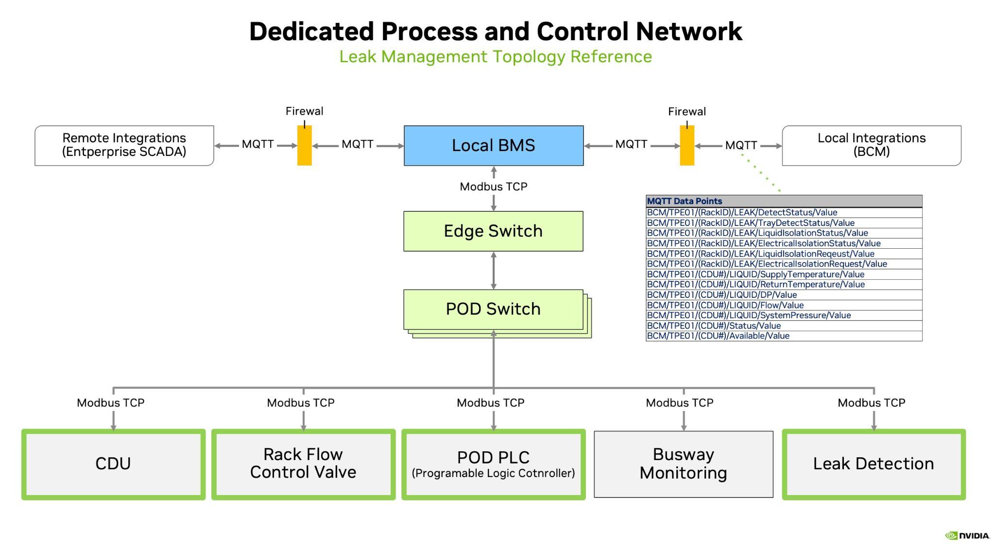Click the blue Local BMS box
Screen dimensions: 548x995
click(493, 145)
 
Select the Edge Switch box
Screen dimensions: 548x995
click(493, 231)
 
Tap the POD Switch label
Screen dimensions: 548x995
click(493, 309)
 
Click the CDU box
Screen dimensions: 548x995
click(113, 464)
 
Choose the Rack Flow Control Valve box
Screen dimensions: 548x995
click(303, 464)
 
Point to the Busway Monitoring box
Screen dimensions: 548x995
click(683, 464)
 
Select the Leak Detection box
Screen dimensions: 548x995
click(874, 464)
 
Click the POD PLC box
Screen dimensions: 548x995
click(493, 464)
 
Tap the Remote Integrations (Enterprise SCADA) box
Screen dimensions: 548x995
click(124, 145)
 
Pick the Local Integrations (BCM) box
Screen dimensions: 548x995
click(872, 145)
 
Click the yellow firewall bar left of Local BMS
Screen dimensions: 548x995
click(305, 145)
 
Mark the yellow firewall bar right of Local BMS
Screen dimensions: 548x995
click(687, 145)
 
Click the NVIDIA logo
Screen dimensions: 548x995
click(967, 535)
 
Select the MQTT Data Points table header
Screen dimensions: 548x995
click(783, 201)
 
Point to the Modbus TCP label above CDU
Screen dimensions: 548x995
click(111, 403)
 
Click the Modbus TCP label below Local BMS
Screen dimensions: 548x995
click(493, 187)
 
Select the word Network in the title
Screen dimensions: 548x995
click(689, 32)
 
